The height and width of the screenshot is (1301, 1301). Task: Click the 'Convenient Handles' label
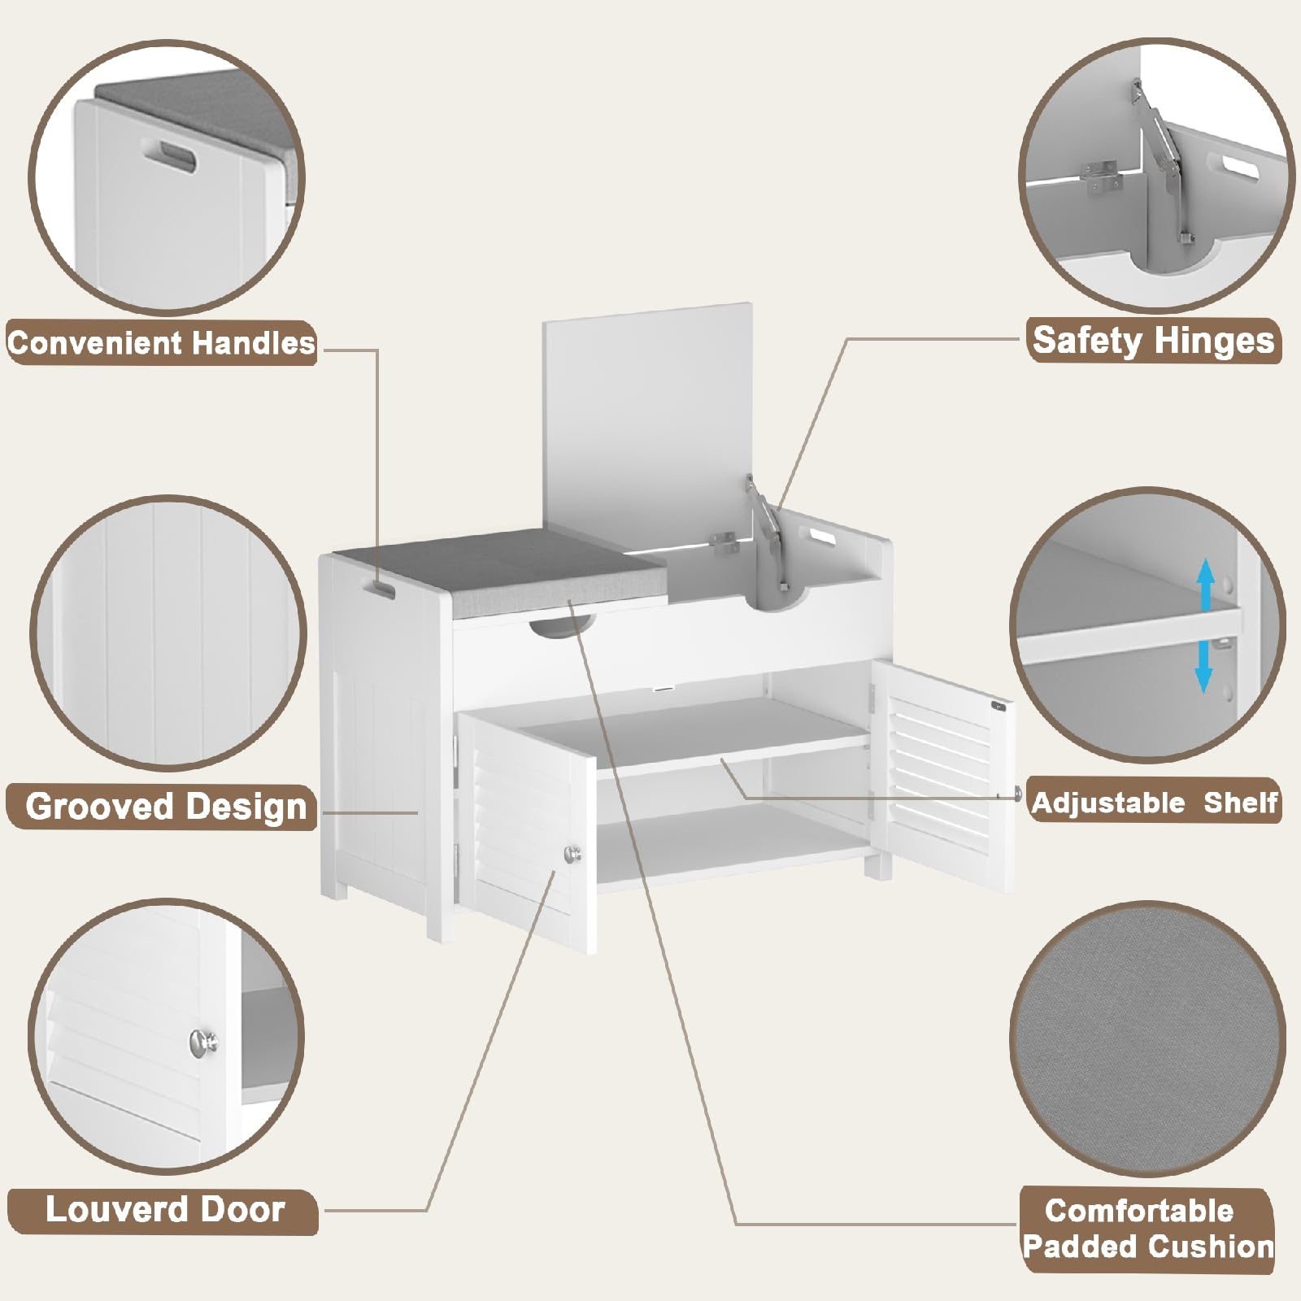point(161,342)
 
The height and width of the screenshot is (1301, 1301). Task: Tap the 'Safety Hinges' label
point(1153,340)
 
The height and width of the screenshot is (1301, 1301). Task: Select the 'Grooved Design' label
point(166,807)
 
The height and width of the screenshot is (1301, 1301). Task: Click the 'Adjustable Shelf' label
point(1154,803)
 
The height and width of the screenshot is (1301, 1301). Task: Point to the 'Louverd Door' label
point(165,1209)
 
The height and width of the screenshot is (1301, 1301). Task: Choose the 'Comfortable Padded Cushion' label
point(1148,1228)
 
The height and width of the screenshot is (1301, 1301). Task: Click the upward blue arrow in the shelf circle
point(1206,585)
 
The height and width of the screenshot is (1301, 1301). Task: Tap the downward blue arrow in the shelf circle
point(1204,664)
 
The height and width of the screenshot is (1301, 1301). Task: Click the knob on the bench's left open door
point(573,853)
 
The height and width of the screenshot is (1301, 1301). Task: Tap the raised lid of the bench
point(647,423)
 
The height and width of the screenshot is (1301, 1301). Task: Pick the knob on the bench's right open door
point(1018,794)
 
